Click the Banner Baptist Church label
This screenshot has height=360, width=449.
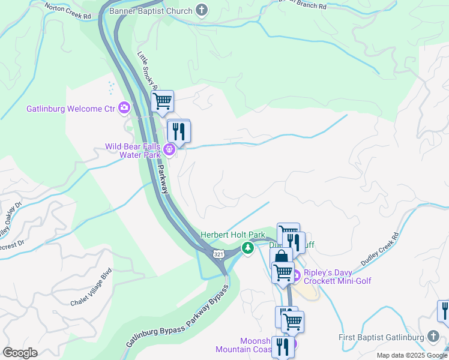pyautogui.click(x=151, y=11)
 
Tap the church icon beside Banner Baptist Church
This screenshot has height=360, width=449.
pyautogui.click(x=202, y=10)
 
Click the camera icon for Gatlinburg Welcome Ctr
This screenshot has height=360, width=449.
pyautogui.click(x=124, y=108)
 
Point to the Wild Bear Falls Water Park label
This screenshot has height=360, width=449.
pyautogui.click(x=133, y=150)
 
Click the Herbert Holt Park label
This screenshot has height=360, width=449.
pyautogui.click(x=232, y=235)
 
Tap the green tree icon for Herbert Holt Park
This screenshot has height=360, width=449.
pyautogui.click(x=247, y=247)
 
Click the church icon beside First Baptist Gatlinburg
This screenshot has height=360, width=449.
pyautogui.click(x=433, y=337)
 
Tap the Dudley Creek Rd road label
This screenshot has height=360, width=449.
pyautogui.click(x=379, y=250)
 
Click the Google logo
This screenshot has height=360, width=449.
pyautogui.click(x=20, y=352)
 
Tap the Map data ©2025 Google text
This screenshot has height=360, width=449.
pyautogui.click(x=411, y=355)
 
